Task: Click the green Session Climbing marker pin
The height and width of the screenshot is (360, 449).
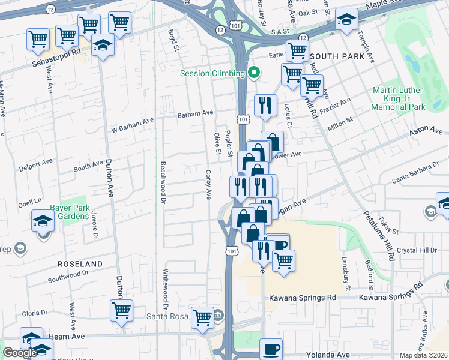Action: tap(254, 73)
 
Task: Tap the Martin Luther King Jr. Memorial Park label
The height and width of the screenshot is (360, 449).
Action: tap(398, 98)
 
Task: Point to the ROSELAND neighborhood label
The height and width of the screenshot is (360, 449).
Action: tap(80, 264)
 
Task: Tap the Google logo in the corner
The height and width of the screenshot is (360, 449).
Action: tap(20, 353)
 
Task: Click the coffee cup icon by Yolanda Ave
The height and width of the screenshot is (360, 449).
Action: tap(271, 349)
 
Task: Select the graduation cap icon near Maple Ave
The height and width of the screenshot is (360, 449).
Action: tap(346, 19)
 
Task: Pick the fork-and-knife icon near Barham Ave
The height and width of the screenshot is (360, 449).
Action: tap(265, 106)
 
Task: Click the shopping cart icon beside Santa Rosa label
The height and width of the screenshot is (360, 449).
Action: tap(202, 317)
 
